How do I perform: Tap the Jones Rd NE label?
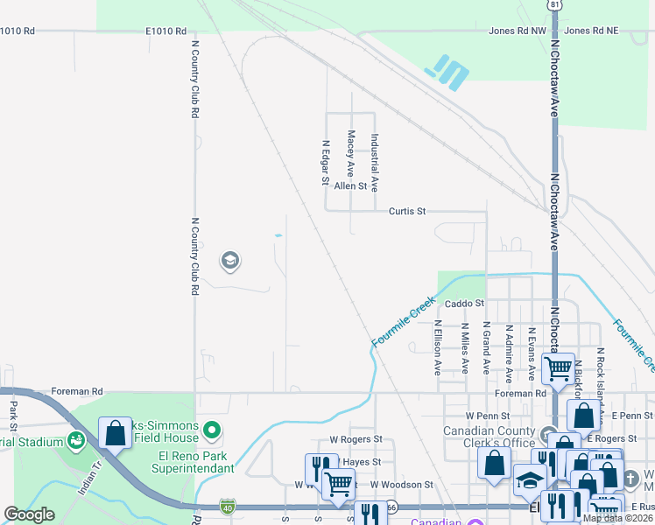[x=591, y=31]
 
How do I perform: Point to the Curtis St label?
[x=407, y=211]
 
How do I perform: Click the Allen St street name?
[x=350, y=186]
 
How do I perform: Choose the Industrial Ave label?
[x=374, y=163]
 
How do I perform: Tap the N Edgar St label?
[x=325, y=164]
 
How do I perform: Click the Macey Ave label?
[x=350, y=152]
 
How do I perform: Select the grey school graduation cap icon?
[x=230, y=260]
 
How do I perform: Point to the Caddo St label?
[x=464, y=304]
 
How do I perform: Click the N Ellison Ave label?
[x=438, y=347]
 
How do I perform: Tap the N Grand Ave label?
[x=487, y=347]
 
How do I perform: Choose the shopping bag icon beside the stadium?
[x=115, y=432]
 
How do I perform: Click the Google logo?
[x=28, y=514]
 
